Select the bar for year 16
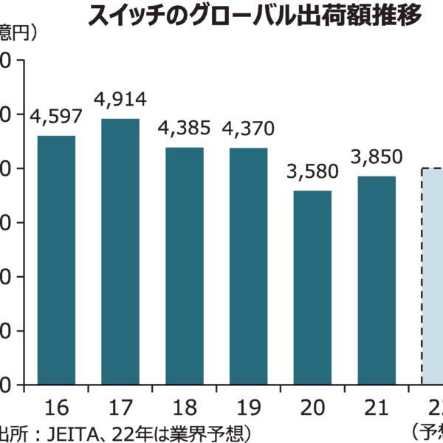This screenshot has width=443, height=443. tap(56, 260)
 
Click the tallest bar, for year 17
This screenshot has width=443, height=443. tap(120, 251)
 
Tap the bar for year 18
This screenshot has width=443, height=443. tap(185, 266)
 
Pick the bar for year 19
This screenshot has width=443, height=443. tap(249, 266)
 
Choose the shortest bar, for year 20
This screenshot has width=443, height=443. tap(313, 288)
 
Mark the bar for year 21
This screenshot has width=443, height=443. tap(377, 281)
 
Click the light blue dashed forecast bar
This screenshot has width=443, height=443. tap(433, 276)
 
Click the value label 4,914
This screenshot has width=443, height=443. tap(120, 99)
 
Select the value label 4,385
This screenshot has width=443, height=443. tap(185, 128)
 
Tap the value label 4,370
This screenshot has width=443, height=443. tap(248, 128)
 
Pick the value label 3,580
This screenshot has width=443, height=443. tap(312, 171)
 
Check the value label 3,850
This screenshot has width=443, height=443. tap(377, 157)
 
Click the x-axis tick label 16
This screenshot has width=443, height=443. tap(56, 406)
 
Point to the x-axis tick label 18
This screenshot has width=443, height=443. tap(185, 406)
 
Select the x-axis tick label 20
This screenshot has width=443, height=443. tap(313, 406)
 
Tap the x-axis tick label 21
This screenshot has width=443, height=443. tap(377, 406)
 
